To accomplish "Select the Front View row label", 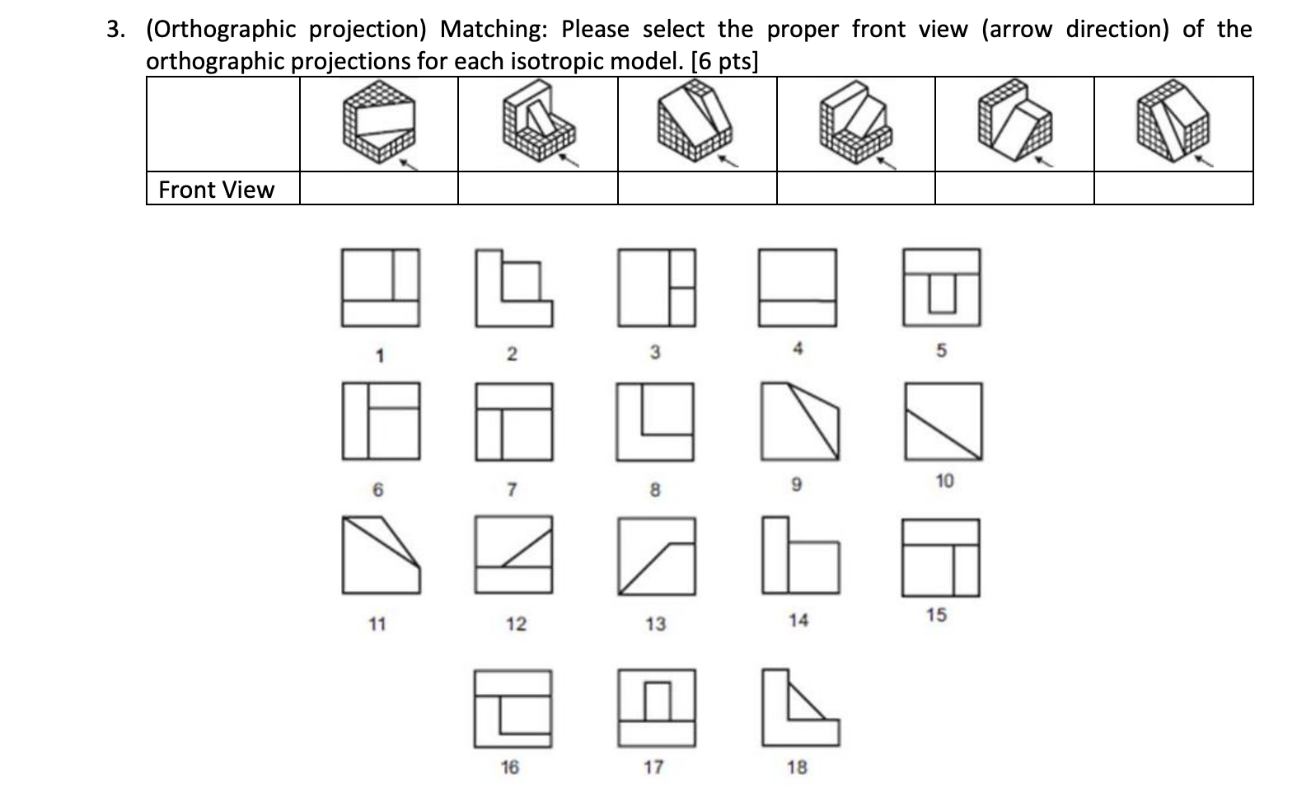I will (216, 190).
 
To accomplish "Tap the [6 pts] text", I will (724, 61).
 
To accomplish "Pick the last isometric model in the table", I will (1173, 124).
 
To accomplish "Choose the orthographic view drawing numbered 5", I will (942, 287).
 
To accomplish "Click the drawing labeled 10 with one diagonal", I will (943, 421).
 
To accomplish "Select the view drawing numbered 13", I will (656, 556).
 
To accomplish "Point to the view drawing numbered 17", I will (656, 707).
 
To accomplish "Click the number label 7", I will (511, 491).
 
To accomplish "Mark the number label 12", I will (516, 624).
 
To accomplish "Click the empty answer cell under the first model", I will (378, 189).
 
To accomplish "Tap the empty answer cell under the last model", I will (1173, 189).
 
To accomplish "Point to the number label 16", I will (510, 768).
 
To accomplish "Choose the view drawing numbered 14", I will (799, 556).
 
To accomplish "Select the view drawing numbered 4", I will (798, 287).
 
